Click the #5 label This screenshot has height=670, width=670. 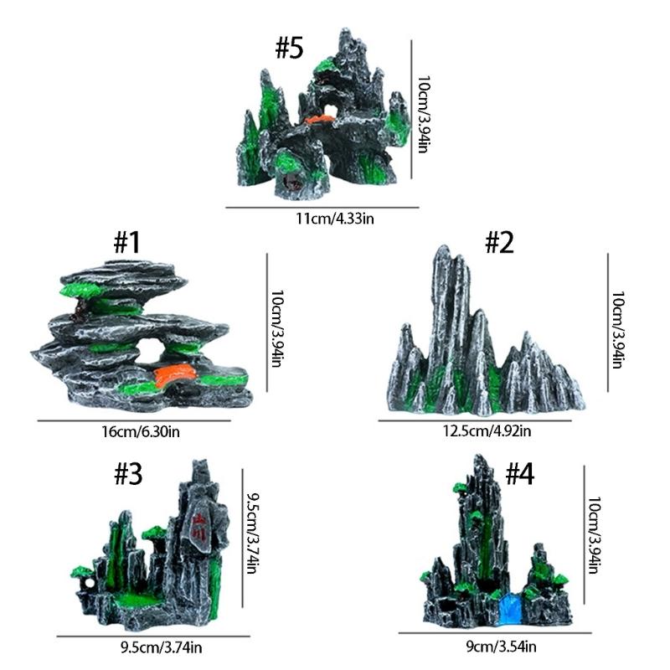[x=289, y=48]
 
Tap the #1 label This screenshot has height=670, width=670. [x=127, y=242]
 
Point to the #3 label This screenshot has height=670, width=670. [x=128, y=474]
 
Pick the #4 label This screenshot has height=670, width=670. [x=519, y=474]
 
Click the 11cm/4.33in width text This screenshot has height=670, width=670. [x=335, y=219]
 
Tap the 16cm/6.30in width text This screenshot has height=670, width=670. [x=141, y=431]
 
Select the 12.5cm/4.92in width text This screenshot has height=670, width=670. [x=487, y=430]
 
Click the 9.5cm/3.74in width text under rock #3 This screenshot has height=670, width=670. [x=161, y=647]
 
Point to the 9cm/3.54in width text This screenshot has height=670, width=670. [x=501, y=647]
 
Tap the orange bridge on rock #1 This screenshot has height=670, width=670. [x=175, y=376]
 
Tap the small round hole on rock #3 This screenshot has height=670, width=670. [x=90, y=582]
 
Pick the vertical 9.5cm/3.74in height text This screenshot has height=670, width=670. [x=253, y=533]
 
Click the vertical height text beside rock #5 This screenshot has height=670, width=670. [x=424, y=115]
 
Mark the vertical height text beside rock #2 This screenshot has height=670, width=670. [x=618, y=329]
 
